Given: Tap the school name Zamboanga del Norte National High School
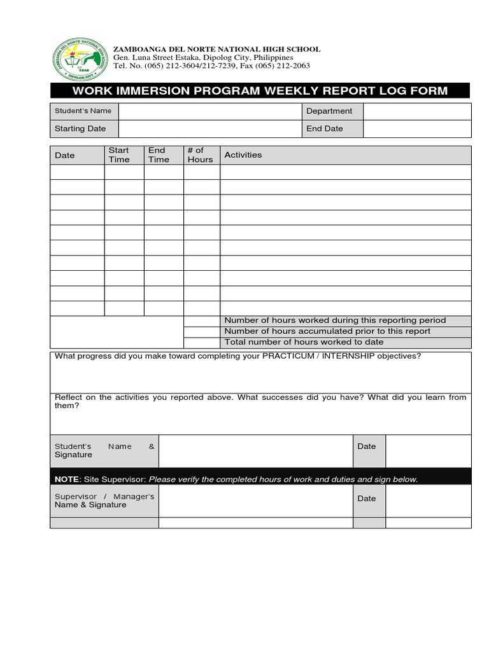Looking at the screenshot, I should coord(216,50).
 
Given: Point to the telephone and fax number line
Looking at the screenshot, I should coord(211,65).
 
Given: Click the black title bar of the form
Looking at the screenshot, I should coord(260,90).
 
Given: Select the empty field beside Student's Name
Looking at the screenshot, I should coord(209,111).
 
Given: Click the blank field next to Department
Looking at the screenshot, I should coord(417,111).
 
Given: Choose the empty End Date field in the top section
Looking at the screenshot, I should coord(417,128).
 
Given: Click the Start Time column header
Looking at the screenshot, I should coord(119,155).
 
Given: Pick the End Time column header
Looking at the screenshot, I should coord(159,155).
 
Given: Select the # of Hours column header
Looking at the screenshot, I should coord(200,155).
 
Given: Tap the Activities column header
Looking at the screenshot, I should coord(243,155).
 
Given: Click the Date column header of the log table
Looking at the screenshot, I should coord(65,155).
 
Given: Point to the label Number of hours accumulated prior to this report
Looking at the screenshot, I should coord(327,331).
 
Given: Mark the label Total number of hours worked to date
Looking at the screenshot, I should coord(304,342).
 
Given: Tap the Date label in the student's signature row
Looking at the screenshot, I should coord(367,446).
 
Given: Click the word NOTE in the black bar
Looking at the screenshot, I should coord(67,479).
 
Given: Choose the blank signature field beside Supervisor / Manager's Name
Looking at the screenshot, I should coord(255,500).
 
